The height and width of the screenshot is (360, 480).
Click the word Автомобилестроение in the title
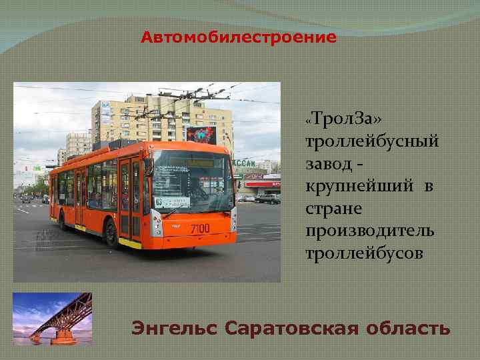239,37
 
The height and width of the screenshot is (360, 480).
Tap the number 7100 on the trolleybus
200,229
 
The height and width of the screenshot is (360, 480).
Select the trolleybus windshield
192,179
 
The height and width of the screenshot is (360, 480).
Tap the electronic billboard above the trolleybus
201,135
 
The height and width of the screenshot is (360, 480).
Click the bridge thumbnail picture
53,318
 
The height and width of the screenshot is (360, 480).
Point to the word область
408,329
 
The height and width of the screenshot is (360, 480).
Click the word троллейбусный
372,141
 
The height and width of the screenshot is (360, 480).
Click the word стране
334,209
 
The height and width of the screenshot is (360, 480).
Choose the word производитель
369,231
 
